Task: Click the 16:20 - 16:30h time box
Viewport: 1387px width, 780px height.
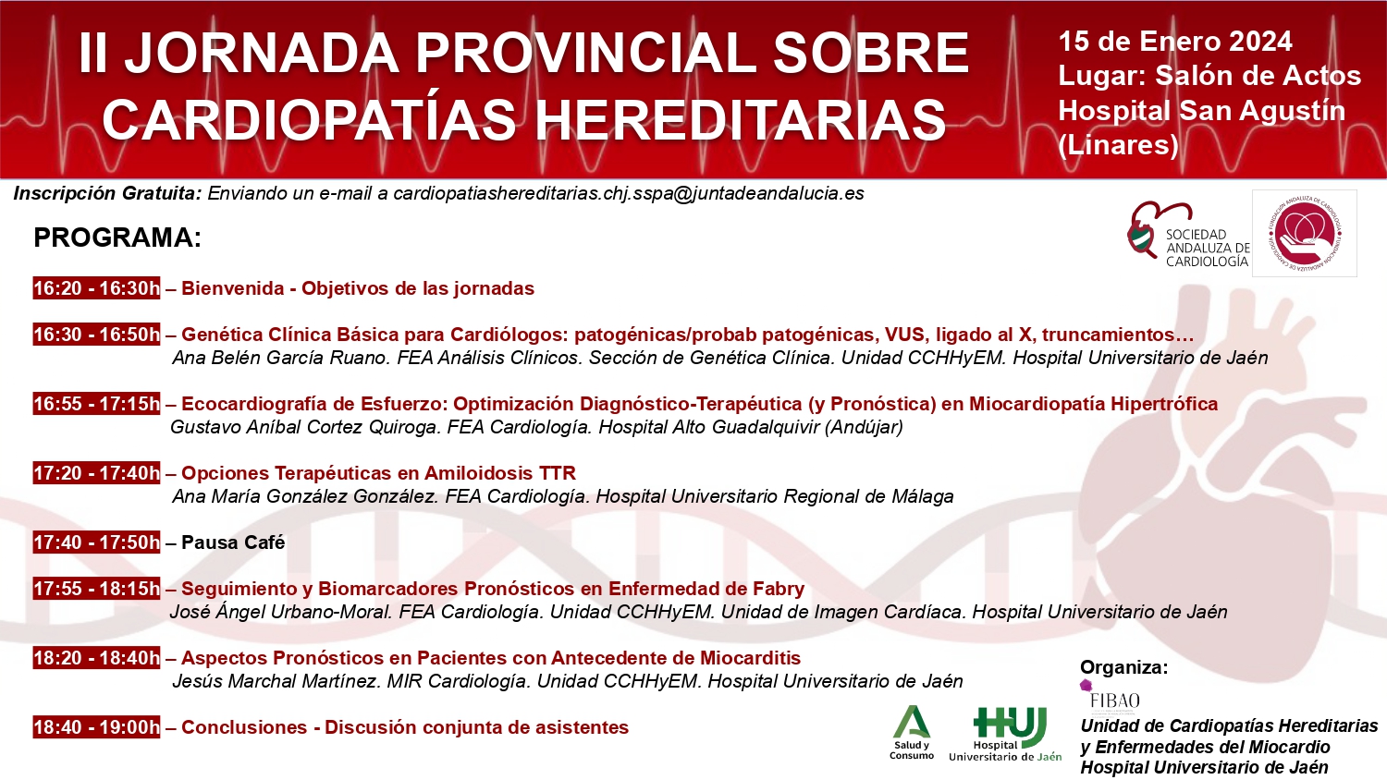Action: point(96,288)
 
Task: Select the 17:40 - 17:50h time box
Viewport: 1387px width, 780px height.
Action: point(96,542)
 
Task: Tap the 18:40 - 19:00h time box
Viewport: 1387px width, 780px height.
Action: point(96,727)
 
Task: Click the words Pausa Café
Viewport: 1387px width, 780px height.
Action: point(233,542)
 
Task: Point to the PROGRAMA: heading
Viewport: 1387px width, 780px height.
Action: point(117,238)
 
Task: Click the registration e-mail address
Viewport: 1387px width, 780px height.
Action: point(629,194)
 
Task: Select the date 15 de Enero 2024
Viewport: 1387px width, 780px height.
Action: point(1175,42)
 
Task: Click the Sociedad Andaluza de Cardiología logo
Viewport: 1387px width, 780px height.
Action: point(1188,235)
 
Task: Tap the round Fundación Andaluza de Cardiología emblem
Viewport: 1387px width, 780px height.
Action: point(1305,233)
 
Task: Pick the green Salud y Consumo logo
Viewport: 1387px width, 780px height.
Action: point(912,732)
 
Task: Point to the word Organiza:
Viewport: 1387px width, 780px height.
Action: point(1123,667)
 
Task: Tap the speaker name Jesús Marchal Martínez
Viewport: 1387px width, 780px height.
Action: point(276,681)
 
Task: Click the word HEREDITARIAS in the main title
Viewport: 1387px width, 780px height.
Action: point(740,120)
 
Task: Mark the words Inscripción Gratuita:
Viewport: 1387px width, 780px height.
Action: point(107,194)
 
